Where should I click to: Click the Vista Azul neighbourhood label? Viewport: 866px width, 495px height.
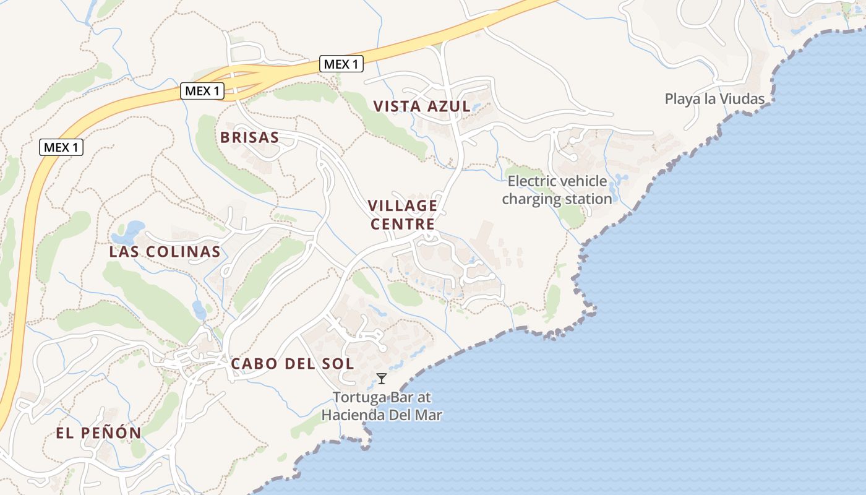tap(422, 106)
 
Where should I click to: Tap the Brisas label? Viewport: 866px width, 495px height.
tap(249, 137)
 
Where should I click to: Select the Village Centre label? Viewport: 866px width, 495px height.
tap(403, 214)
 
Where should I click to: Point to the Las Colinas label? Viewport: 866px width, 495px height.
tap(165, 252)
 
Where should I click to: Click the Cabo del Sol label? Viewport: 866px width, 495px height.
tap(293, 364)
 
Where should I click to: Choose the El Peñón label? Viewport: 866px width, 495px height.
tap(99, 433)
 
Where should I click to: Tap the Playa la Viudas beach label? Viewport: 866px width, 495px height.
tap(714, 99)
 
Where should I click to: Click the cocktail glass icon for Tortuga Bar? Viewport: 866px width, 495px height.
tap(382, 379)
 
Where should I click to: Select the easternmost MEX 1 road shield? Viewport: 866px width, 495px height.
tap(341, 64)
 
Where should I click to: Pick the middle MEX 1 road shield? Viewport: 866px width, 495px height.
tap(202, 91)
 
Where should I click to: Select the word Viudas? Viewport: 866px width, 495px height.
tap(744, 99)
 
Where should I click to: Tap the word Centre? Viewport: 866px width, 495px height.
tap(403, 223)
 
